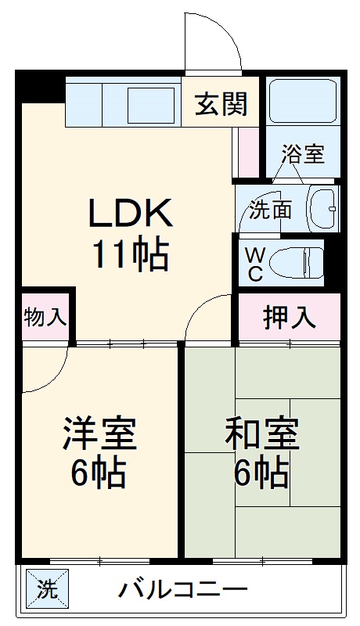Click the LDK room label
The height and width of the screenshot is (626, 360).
tap(129, 213)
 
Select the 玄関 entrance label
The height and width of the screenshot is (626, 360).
tap(221, 103)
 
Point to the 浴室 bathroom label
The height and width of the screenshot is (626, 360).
tap(304, 153)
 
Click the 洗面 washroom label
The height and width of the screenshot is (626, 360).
tap(271, 210)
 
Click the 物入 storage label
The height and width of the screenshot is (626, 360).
tap(45, 318)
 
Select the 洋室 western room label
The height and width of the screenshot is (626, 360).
tap(99, 434)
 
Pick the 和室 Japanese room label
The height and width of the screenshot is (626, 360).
tap(261, 434)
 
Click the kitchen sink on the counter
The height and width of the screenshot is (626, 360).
tap(150, 104)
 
